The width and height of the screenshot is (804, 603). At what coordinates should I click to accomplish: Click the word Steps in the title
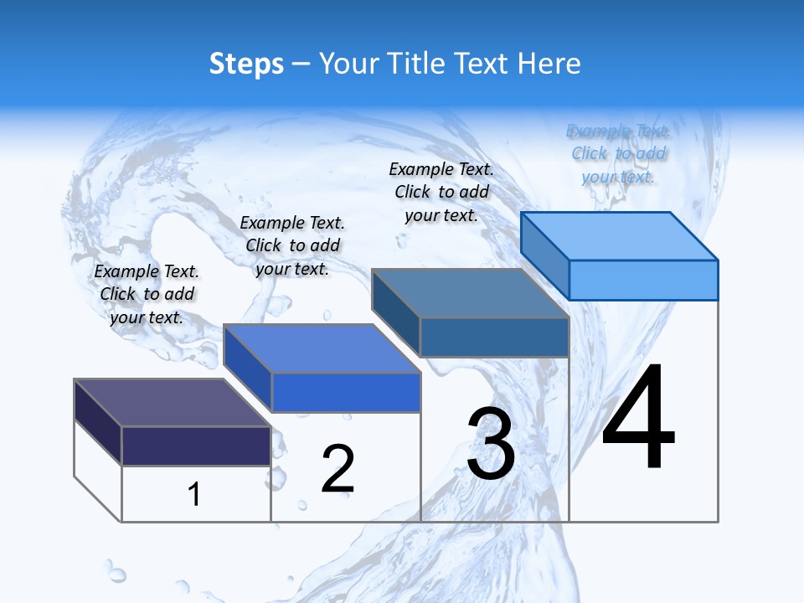245,64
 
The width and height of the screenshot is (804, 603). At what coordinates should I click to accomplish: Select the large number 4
638,418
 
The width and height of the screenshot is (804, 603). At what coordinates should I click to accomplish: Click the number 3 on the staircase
491,444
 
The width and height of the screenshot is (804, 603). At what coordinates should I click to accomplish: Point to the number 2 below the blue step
338,469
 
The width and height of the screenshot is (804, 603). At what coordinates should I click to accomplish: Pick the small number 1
194,494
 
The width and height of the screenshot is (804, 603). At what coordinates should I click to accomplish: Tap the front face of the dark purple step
196,445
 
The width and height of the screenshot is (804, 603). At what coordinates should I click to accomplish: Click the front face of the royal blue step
346,392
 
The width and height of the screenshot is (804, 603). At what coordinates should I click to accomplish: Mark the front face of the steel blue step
494,337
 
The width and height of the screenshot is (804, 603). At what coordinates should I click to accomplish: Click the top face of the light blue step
619,235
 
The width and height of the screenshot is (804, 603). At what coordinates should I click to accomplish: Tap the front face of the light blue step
643,280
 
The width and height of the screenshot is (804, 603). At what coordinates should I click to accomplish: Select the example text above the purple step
147,294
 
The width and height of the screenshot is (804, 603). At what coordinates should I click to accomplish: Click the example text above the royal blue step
292,245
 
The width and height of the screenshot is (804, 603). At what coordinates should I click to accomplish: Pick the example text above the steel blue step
441,192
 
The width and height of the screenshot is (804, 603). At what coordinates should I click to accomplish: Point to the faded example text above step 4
618,153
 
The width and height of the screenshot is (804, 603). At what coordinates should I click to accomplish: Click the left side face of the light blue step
544,255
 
